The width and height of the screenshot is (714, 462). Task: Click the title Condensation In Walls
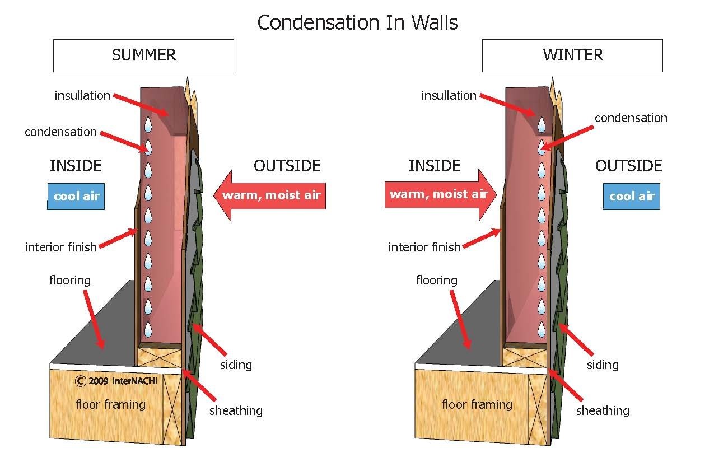pyautogui.click(x=357, y=22)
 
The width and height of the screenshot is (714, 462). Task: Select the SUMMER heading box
pyautogui.click(x=143, y=55)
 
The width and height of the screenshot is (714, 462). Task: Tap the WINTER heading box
pyautogui.click(x=572, y=55)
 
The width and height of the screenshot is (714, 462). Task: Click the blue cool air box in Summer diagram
pyautogui.click(x=76, y=197)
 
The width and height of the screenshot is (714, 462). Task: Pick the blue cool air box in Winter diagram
pyautogui.click(x=631, y=196)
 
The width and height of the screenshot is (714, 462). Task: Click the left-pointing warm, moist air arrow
pyautogui.click(x=270, y=195)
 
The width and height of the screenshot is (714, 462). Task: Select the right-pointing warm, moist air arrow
pyautogui.click(x=440, y=194)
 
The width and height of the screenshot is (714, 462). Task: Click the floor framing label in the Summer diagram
pyautogui.click(x=110, y=404)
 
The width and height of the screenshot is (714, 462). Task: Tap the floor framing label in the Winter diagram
pyautogui.click(x=477, y=404)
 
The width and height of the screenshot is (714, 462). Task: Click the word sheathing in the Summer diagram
pyautogui.click(x=236, y=410)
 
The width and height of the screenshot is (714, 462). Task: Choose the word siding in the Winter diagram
pyautogui.click(x=603, y=365)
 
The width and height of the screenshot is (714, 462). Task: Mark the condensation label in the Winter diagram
pyautogui.click(x=631, y=118)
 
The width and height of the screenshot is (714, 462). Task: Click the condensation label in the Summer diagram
pyautogui.click(x=60, y=132)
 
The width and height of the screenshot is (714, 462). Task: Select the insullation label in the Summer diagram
pyautogui.click(x=82, y=96)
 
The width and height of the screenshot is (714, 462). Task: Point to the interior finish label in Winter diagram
pyautogui.click(x=424, y=247)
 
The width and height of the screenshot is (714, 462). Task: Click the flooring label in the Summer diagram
pyautogui.click(x=70, y=280)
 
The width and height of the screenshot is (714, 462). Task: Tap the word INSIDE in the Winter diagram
pyautogui.click(x=434, y=166)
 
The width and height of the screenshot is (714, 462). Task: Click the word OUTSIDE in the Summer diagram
pyautogui.click(x=287, y=166)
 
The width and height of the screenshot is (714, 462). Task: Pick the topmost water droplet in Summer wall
pyautogui.click(x=148, y=124)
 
